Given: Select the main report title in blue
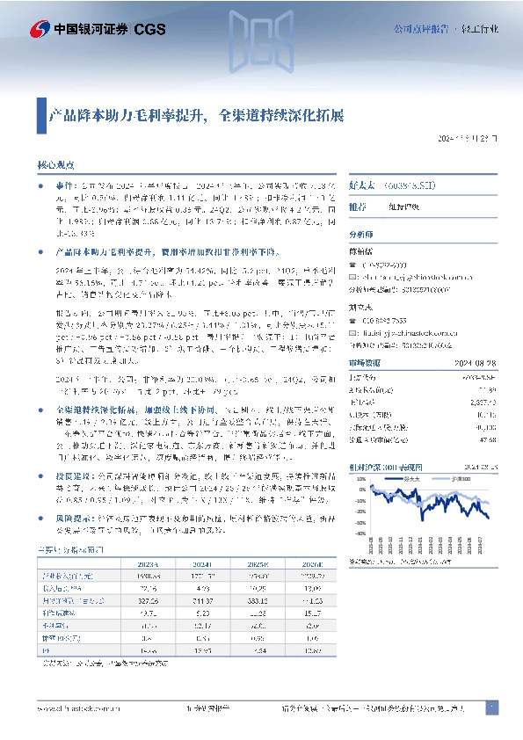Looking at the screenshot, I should coord(195,114).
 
